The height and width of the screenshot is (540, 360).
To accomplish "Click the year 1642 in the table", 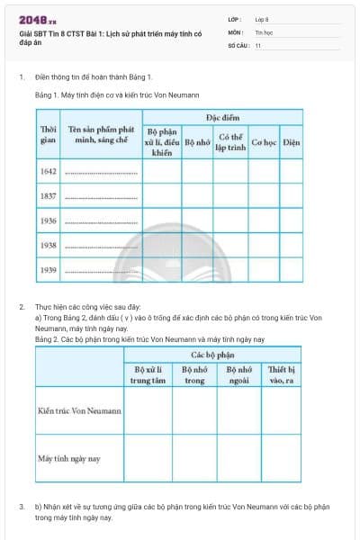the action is tap(48, 171).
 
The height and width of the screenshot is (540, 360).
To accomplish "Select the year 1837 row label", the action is tap(48, 195).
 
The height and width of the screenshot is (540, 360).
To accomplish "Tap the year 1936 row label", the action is tap(48, 220).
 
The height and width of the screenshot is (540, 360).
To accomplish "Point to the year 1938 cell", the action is tap(48, 245).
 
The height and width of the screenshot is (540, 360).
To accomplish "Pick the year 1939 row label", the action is tap(48, 269).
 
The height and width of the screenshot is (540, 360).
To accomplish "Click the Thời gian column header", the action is tap(48, 134).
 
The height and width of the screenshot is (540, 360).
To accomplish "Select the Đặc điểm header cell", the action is tap(222, 117).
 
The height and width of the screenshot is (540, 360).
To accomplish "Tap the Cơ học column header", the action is tap(264, 142).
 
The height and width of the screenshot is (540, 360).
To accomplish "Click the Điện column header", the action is tap(291, 142).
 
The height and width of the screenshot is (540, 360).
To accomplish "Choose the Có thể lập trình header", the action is tap(231, 142).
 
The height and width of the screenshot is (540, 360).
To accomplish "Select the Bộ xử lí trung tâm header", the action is tap(148, 374).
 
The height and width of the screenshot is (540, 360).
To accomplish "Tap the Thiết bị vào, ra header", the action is tap(282, 374).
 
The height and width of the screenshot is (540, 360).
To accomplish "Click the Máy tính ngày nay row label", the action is tap(69, 459).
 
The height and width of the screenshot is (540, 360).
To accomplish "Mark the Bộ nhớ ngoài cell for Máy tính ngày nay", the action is tap(238, 459).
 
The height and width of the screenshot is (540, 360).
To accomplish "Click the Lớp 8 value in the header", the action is tap(262, 18).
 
